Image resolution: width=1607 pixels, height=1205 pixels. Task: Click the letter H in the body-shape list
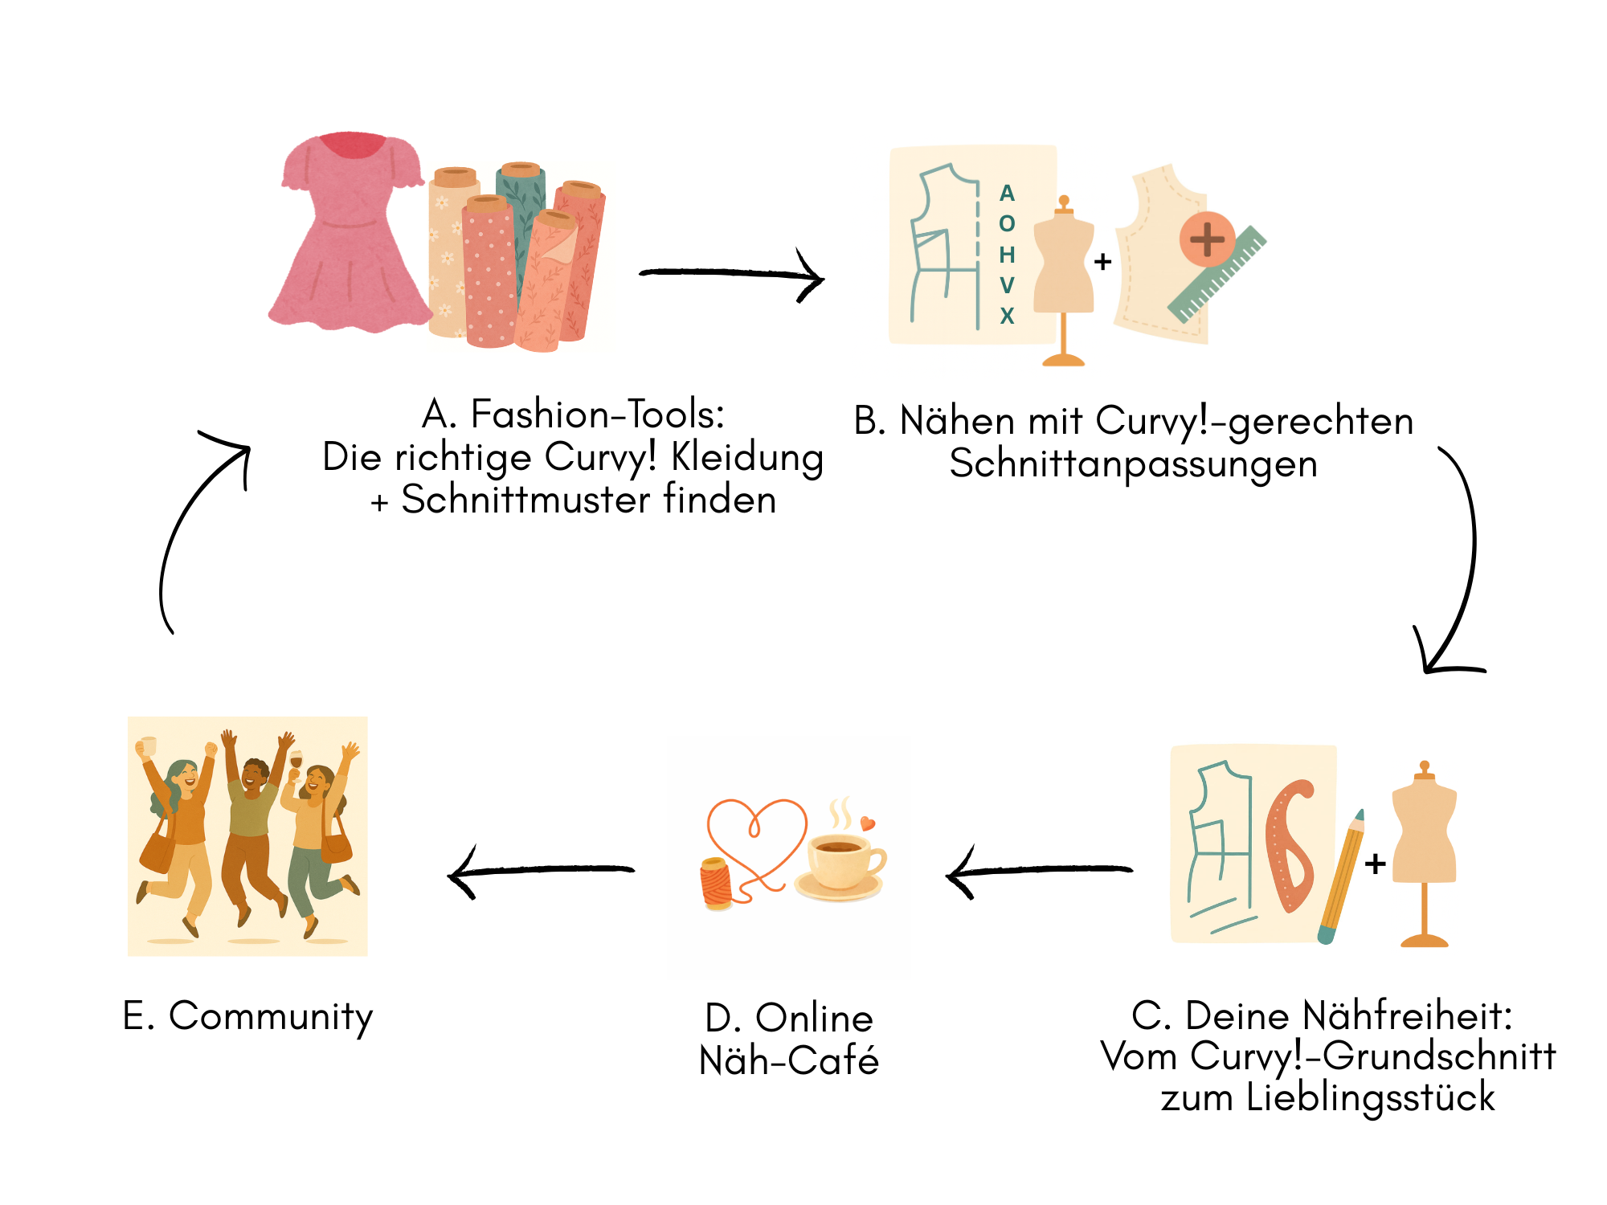pos(1007,255)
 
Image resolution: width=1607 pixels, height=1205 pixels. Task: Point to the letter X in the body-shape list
pos(1007,316)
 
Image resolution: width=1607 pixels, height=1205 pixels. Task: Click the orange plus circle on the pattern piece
pos(1207,239)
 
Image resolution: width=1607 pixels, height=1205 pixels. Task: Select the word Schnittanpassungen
pos(1133,464)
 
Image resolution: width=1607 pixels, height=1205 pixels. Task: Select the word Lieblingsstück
pos(1370,1097)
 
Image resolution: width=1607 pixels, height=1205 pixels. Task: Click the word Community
pos(271,1016)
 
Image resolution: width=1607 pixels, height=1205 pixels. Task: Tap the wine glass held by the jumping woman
pos(296,760)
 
